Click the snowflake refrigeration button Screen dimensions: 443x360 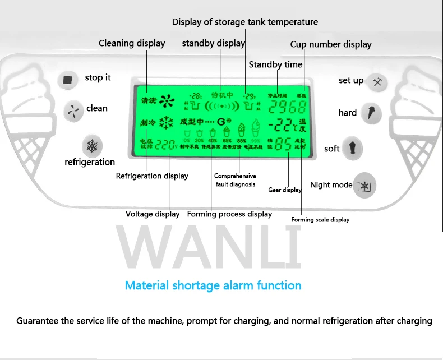click(91, 146)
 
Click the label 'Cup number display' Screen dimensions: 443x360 click(331, 44)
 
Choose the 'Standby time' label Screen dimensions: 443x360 click(275, 64)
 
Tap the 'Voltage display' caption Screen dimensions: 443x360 click(153, 214)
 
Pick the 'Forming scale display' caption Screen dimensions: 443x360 click(320, 220)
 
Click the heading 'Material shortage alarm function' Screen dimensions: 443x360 click(213, 285)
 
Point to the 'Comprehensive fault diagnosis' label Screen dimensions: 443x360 click(235, 180)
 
